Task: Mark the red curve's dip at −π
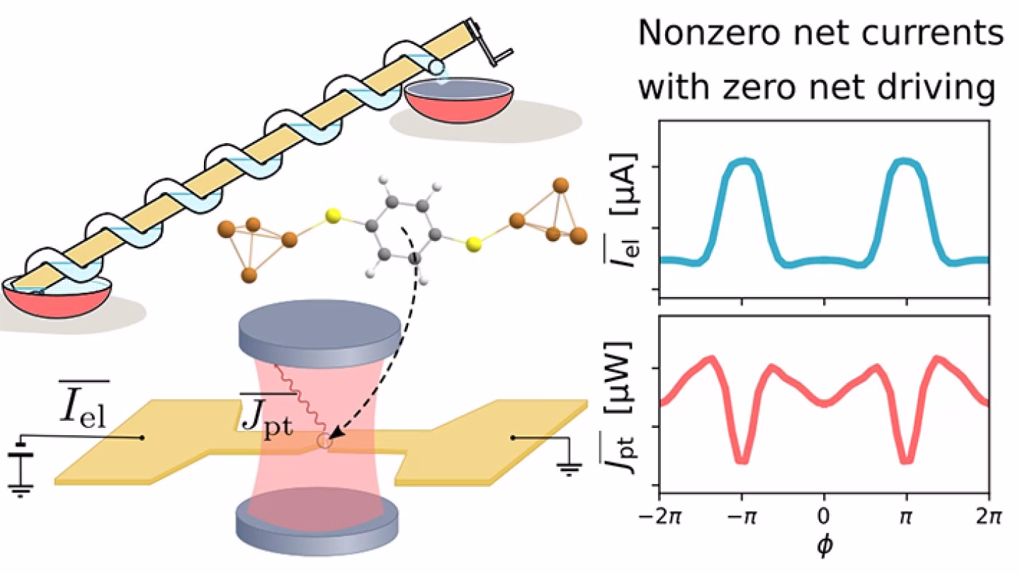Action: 742,459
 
